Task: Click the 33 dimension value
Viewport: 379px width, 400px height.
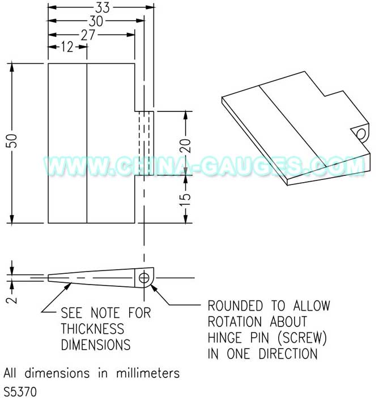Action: point(103,7)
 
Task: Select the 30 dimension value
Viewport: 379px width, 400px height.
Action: point(96,21)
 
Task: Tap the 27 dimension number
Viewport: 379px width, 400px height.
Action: point(88,35)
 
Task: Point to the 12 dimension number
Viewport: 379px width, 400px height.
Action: point(67,47)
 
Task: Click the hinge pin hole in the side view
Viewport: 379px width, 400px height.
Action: point(144,278)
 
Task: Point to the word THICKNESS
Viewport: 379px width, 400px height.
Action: point(92,329)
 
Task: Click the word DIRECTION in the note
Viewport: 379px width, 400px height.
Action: point(288,354)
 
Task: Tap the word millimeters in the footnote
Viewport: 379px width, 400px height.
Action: point(148,373)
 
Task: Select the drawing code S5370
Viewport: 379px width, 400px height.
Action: point(20,392)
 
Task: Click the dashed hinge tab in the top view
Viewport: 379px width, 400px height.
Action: point(144,143)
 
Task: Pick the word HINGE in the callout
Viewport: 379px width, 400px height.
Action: point(225,338)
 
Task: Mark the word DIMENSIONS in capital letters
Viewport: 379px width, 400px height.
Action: point(96,345)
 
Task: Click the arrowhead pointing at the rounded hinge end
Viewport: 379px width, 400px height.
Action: point(154,289)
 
